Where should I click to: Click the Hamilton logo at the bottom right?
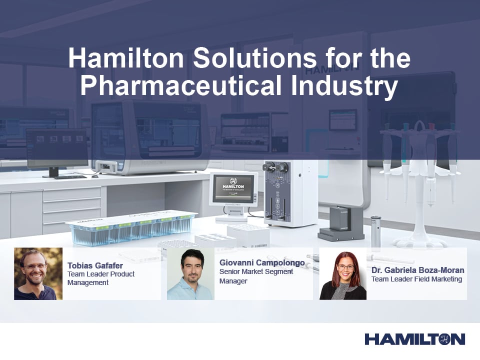tap(414, 339)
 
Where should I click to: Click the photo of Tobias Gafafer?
tap(38, 273)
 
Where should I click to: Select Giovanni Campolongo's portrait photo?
tap(190, 273)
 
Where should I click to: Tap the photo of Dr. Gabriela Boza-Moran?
tap(343, 274)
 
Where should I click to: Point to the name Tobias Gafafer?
tap(95, 265)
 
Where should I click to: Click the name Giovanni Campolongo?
tap(262, 262)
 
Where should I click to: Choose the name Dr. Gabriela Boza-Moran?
tap(417, 270)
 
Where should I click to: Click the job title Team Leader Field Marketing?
tap(416, 279)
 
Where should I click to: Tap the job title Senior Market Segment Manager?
tap(256, 276)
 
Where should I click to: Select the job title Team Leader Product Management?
tap(101, 278)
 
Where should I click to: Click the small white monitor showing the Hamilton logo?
tap(233, 190)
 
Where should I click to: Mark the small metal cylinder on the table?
tap(376, 230)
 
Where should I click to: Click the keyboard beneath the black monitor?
tap(70, 176)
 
